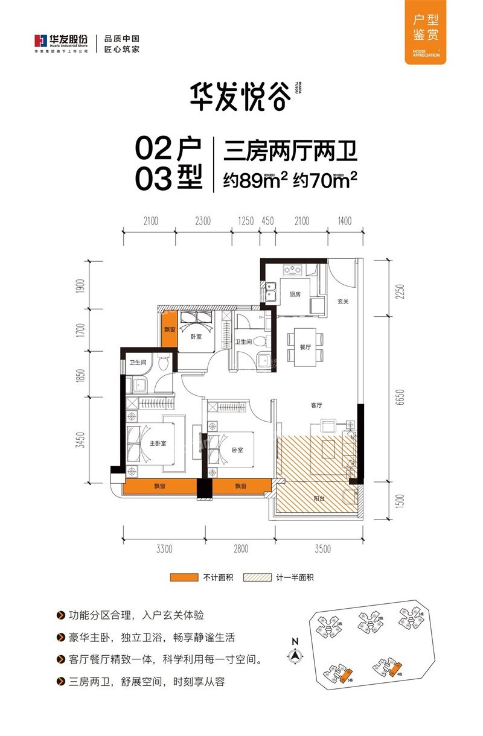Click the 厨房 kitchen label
(x=295, y=294)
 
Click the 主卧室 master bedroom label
(x=158, y=445)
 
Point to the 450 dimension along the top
(x=267, y=221)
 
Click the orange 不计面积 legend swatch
(x=184, y=577)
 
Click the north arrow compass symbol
(x=295, y=654)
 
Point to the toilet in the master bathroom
(x=163, y=365)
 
